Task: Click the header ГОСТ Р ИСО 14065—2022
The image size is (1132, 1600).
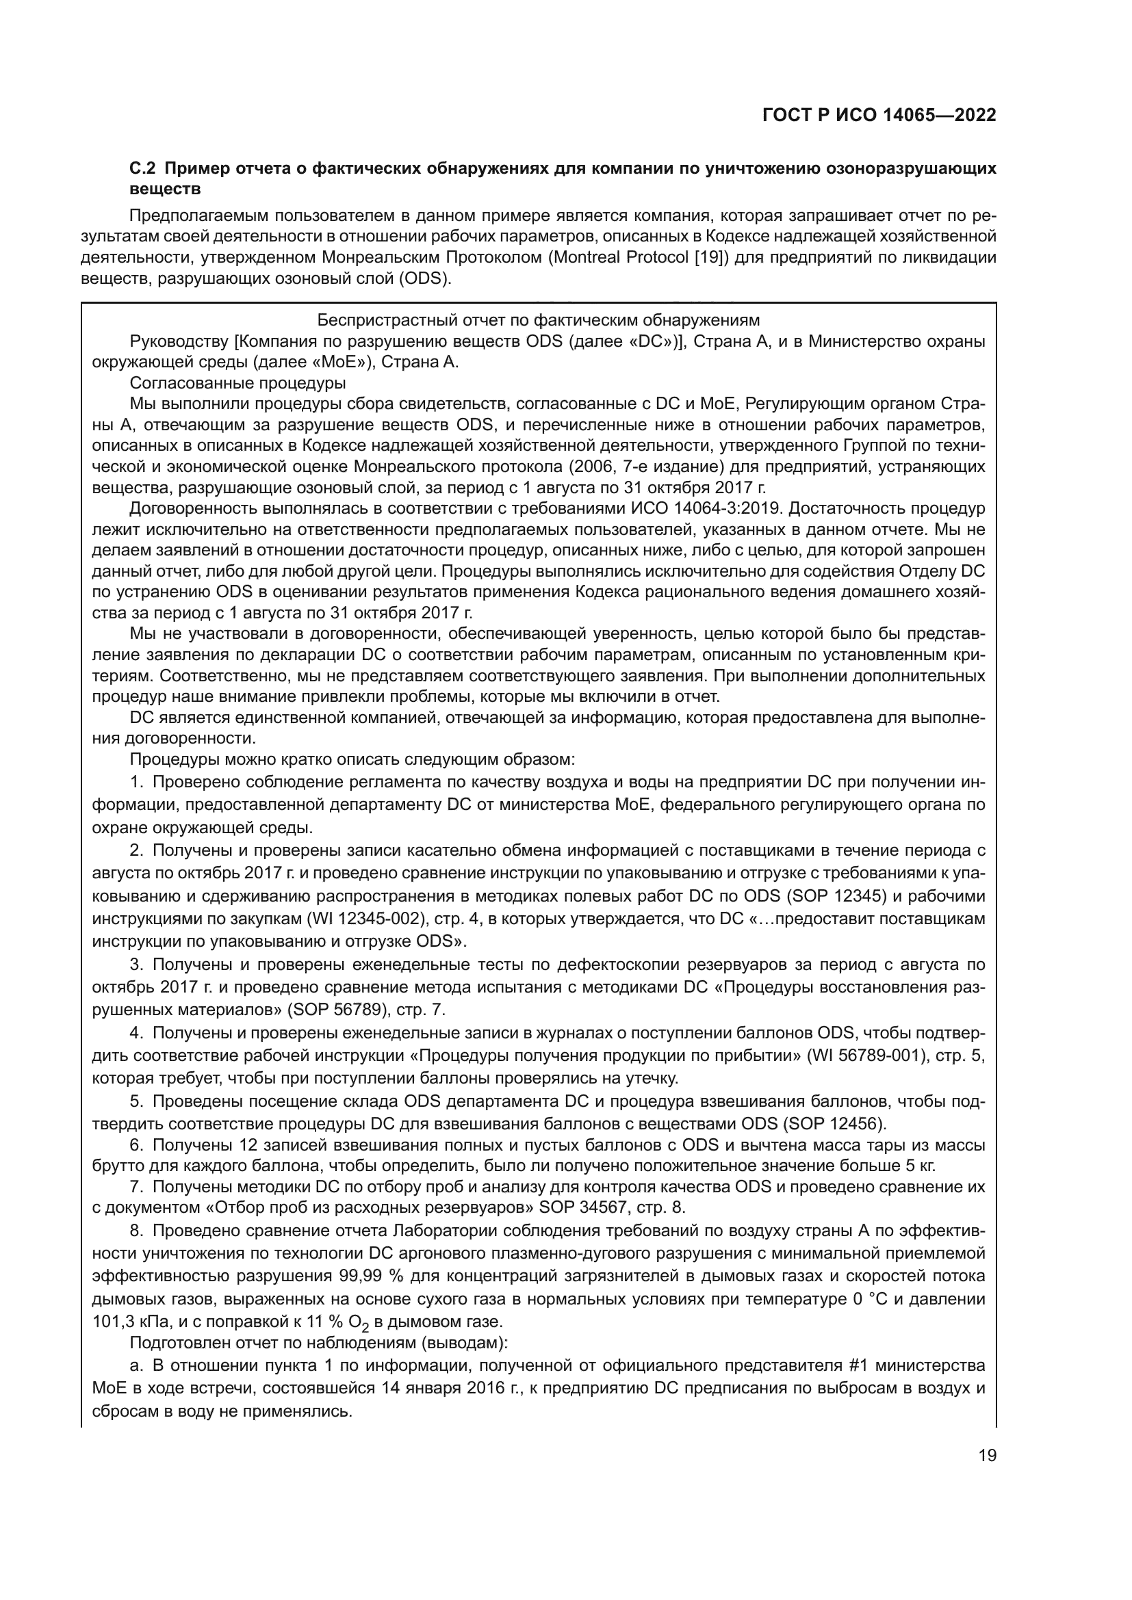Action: pos(879,115)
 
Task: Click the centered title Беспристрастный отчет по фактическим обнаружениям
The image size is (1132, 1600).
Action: pos(538,320)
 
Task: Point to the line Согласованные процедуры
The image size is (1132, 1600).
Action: pos(237,383)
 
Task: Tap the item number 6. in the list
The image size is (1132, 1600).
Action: pos(137,1145)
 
